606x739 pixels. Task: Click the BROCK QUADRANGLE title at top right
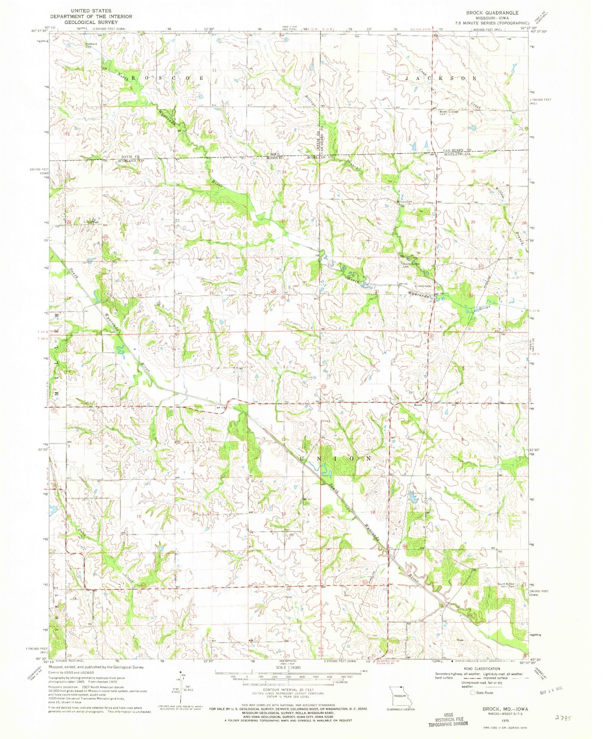pos(492,12)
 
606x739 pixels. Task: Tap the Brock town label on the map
pos(418,405)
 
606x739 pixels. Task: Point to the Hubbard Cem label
pos(88,45)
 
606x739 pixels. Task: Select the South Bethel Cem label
pos(506,596)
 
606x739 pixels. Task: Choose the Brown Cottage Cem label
pos(449,112)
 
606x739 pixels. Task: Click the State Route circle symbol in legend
pos(472,692)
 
